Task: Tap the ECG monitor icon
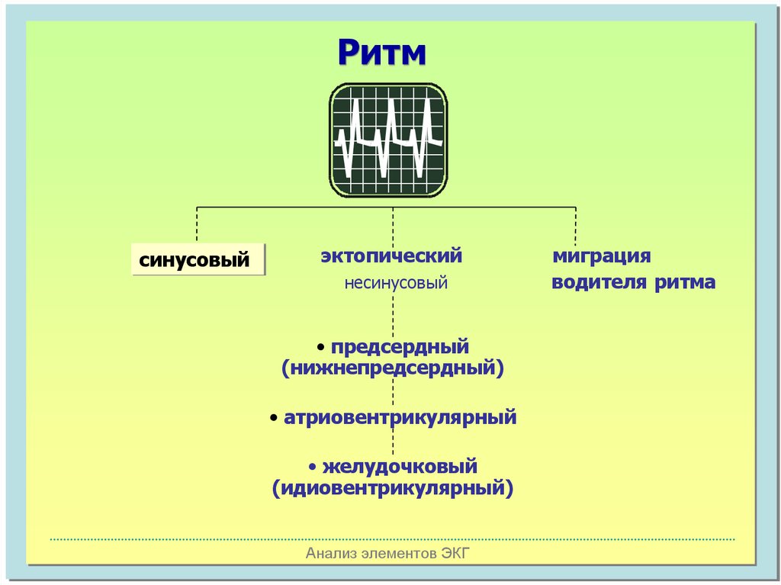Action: (x=388, y=141)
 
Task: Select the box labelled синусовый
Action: (x=198, y=259)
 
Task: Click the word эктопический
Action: (x=391, y=256)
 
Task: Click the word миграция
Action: (x=602, y=256)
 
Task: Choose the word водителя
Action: (x=599, y=283)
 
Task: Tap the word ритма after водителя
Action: (x=684, y=283)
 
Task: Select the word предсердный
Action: (x=400, y=347)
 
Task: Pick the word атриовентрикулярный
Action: (x=400, y=418)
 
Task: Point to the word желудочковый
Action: (x=400, y=465)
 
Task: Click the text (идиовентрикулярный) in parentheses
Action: (x=393, y=487)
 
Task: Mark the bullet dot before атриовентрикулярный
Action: (x=275, y=419)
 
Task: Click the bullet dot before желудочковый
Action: (x=313, y=466)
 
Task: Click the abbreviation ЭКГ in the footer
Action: (x=455, y=554)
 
